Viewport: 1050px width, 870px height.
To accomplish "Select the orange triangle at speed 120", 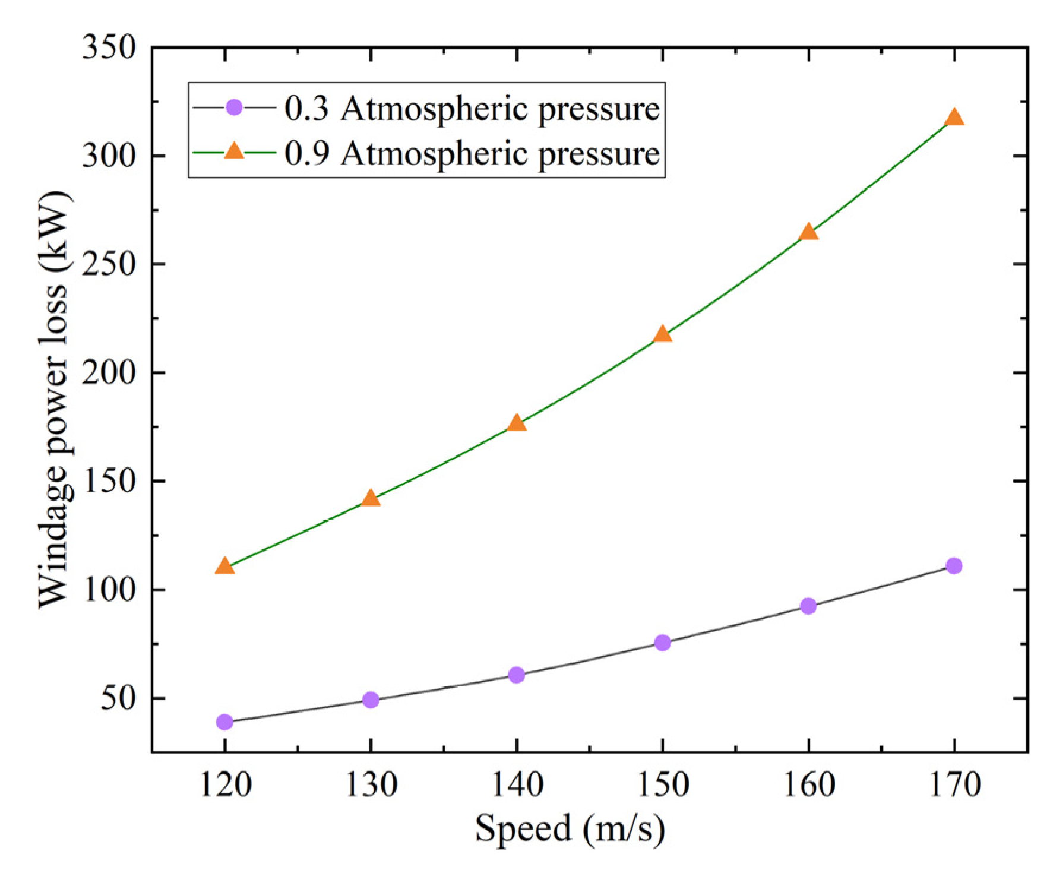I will click(224, 567).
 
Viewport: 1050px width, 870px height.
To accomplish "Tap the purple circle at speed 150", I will click(662, 643).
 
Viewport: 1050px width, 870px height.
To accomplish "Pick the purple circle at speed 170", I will click(954, 565).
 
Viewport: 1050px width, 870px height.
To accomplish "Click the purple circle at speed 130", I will click(371, 700).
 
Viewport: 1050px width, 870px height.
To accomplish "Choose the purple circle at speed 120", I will click(224, 722).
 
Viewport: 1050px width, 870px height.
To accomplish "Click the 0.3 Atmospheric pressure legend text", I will click(472, 109).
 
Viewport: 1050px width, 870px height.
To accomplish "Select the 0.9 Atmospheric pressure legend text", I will click(472, 154).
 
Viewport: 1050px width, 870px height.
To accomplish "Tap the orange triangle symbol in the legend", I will click(234, 151).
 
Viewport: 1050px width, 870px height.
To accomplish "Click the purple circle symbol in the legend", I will click(234, 107).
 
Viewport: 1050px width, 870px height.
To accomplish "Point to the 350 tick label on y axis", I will click(109, 48).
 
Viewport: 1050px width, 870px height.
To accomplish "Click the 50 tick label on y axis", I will click(118, 698).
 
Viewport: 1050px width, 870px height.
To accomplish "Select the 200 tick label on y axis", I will click(109, 373).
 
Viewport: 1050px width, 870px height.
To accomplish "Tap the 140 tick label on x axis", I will click(517, 784).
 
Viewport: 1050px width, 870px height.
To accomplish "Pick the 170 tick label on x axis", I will click(954, 784).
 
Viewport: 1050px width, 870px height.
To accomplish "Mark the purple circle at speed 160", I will click(808, 606).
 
